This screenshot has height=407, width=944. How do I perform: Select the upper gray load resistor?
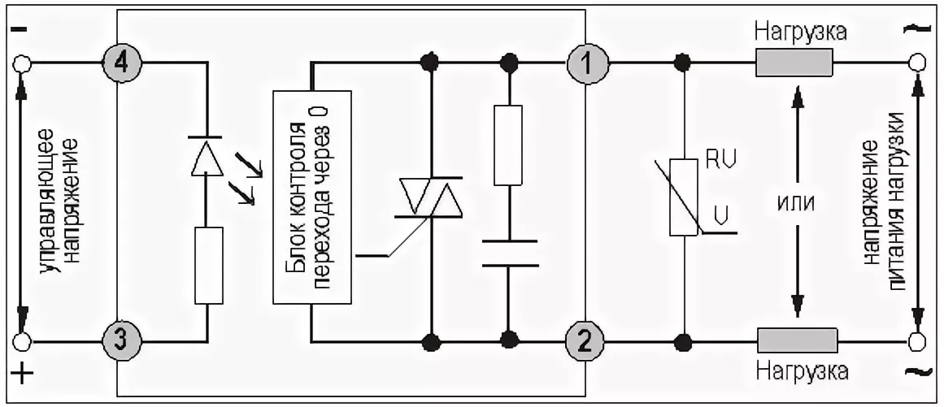point(794,63)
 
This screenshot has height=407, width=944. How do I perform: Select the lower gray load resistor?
point(797,338)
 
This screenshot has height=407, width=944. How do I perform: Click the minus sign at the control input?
point(21,30)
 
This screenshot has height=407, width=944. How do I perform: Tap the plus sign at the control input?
point(23,375)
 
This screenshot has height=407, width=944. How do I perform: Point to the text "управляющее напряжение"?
point(61,200)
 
